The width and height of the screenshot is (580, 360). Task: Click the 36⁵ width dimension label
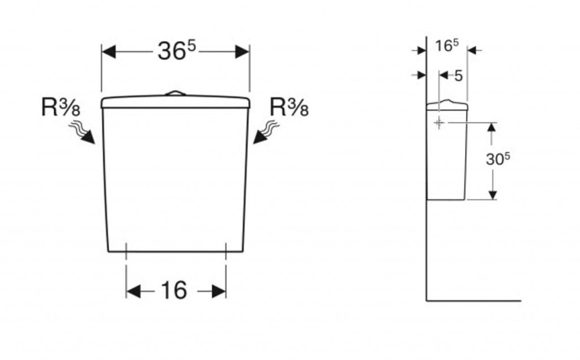[176, 52]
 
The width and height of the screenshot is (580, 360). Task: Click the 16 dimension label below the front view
[173, 291]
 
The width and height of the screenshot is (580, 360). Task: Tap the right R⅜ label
[289, 107]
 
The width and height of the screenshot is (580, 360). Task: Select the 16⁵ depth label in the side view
[446, 46]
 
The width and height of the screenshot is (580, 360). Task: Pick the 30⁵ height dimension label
[498, 159]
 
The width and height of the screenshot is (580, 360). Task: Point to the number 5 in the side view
[458, 75]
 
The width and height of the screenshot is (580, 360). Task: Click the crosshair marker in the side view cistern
[439, 123]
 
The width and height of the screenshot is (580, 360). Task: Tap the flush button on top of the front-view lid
[175, 93]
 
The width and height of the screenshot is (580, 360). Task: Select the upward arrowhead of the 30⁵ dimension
[492, 127]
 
